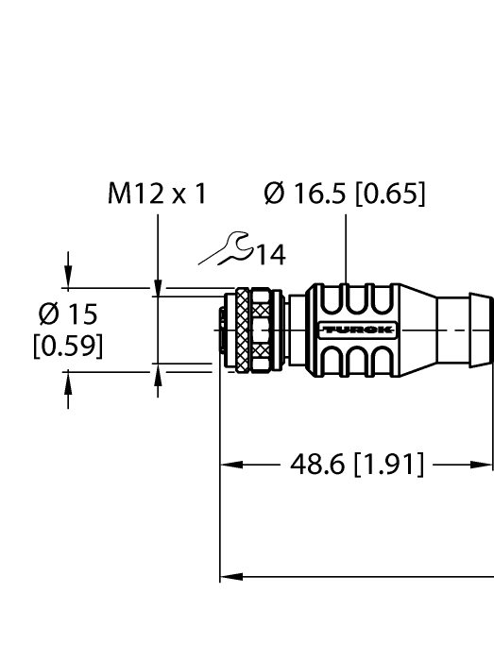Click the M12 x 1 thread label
[x=157, y=195]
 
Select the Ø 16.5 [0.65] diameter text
[x=346, y=195]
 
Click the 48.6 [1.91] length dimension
[x=356, y=465]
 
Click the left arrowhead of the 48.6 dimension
[x=230, y=465]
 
